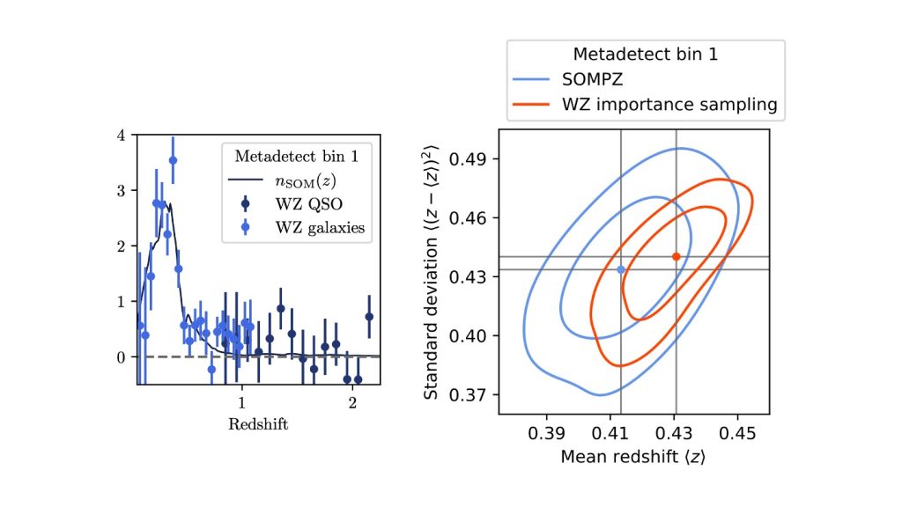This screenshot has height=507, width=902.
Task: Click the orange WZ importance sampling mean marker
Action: coord(676,256)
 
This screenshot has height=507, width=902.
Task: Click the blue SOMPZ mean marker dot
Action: coord(621,269)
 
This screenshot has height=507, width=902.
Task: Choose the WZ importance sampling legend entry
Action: coord(669,105)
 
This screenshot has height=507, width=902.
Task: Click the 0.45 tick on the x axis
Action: coord(738,435)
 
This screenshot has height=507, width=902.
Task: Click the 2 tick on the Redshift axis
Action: coord(352,403)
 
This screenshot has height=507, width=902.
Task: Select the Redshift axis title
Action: coord(258,424)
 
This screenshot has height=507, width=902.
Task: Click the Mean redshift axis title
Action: coord(632,458)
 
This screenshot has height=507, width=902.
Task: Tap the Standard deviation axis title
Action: coord(432,271)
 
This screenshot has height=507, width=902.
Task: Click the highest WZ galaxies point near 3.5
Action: coord(173,160)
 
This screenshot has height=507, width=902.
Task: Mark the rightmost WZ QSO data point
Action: coord(369,316)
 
